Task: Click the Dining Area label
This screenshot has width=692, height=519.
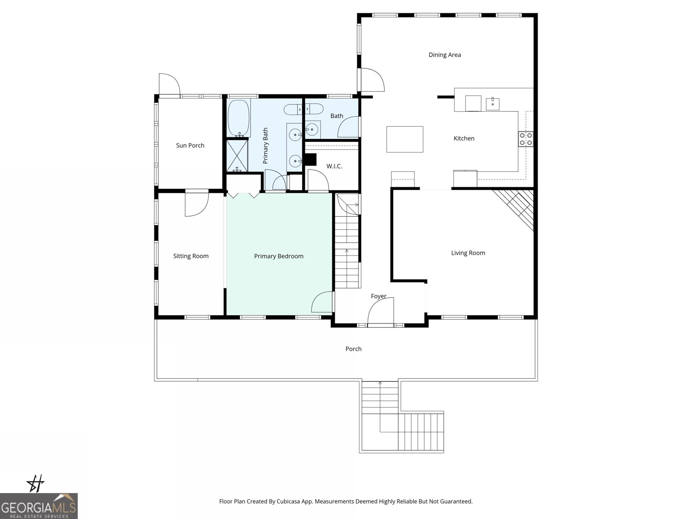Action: coord(445,55)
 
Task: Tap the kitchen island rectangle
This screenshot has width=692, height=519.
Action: coord(405,139)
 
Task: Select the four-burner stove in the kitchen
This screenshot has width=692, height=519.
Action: coord(525,139)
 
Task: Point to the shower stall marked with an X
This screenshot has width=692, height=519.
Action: coord(237,155)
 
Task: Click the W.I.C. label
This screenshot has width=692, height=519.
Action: coord(334,166)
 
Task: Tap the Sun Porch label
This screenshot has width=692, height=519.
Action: coord(190,145)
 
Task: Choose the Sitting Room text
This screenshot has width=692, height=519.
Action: coord(191,256)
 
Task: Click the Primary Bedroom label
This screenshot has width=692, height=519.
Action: coord(279,256)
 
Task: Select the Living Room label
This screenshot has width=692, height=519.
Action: coord(468,253)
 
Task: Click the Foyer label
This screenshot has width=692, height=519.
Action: coord(378,296)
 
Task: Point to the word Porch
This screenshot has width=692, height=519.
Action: coord(353,349)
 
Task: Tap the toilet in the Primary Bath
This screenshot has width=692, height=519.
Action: coord(294,109)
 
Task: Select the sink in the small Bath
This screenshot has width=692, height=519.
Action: coord(312,129)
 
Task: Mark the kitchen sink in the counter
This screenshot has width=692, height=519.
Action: coord(493,104)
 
